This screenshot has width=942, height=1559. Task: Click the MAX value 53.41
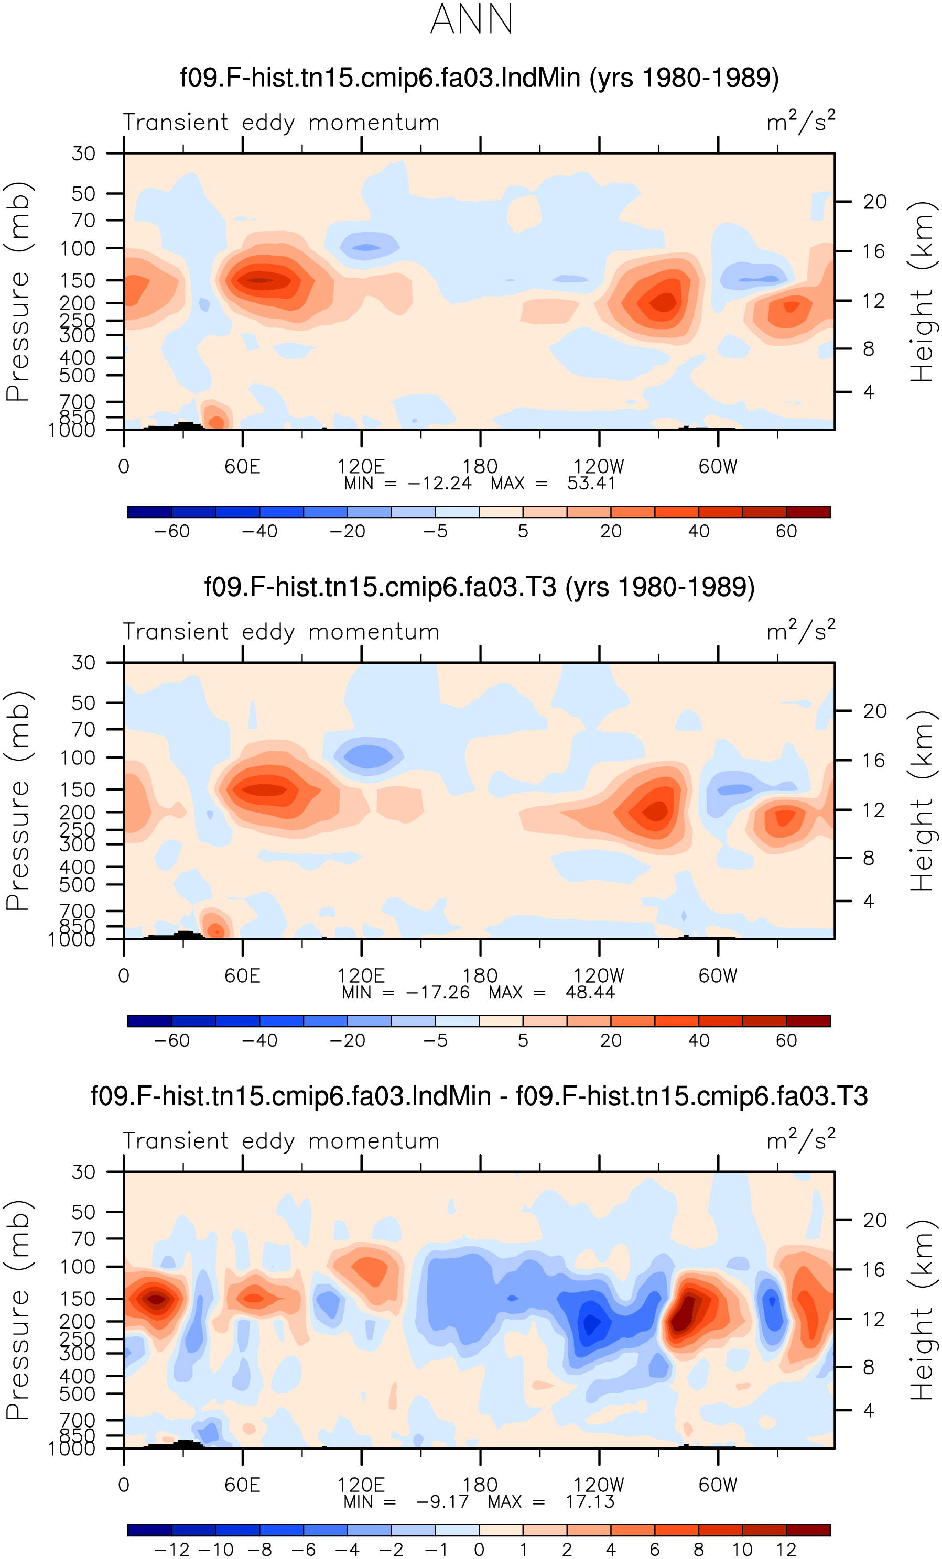tap(591, 484)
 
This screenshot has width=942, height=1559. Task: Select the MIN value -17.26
tap(437, 992)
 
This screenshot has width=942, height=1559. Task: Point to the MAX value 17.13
tap(590, 1501)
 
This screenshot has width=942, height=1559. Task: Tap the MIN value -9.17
tap(442, 1501)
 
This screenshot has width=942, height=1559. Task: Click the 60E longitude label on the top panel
tap(243, 466)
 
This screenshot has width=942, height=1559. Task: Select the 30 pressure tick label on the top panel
tap(83, 153)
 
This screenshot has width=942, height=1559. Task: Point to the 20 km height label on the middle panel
tap(874, 711)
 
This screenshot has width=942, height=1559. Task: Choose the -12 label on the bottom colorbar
tap(171, 1550)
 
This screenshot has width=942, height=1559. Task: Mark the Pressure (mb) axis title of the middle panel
tap(18, 800)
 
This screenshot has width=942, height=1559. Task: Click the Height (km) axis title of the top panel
tap(922, 292)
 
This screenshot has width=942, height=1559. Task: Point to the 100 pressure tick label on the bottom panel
tap(77, 1267)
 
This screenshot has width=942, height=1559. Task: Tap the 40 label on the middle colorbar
tap(698, 1040)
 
